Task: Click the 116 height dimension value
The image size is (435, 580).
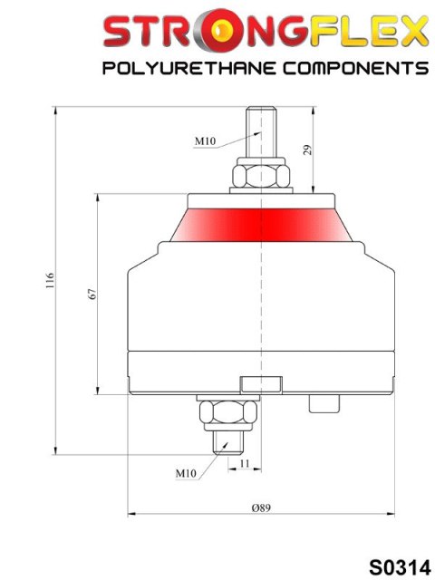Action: (x=51, y=282)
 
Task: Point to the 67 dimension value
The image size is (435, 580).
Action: (x=92, y=294)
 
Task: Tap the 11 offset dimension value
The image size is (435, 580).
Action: (x=244, y=463)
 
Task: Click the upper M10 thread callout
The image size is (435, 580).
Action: (x=207, y=141)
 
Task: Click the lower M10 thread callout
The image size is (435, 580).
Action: (x=186, y=472)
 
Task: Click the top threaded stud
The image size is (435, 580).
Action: (x=262, y=131)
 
